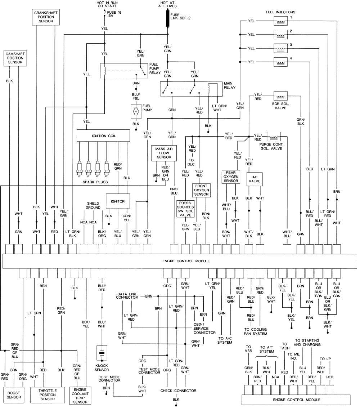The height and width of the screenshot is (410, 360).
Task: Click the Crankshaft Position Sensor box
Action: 46,17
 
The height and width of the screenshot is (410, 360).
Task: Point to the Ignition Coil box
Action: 103,135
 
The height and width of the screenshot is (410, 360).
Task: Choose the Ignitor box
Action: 117,201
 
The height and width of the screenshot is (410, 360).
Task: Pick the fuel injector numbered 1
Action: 280,21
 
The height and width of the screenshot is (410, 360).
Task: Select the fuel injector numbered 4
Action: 280,62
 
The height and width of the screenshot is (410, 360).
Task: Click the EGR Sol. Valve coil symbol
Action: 280,96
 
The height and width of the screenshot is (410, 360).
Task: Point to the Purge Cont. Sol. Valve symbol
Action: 273,137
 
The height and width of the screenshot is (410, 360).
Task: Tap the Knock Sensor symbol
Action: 102,353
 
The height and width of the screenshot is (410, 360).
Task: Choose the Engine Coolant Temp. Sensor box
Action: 80,395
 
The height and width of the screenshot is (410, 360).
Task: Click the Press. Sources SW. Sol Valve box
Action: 185,209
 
